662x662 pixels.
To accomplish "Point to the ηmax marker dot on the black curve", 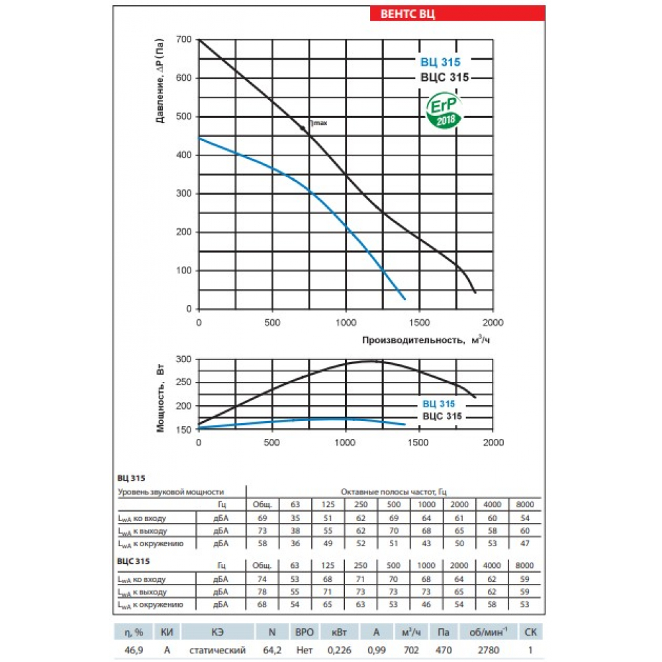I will (x=304, y=130).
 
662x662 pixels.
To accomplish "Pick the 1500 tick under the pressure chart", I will (x=420, y=322).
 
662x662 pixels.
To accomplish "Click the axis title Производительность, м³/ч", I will (x=426, y=340).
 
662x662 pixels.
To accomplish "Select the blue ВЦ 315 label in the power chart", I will (x=438, y=404).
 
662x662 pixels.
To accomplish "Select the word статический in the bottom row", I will (x=223, y=651).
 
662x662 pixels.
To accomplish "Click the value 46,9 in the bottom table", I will (x=125, y=651).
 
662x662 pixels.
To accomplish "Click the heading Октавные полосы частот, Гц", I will (x=393, y=492).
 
